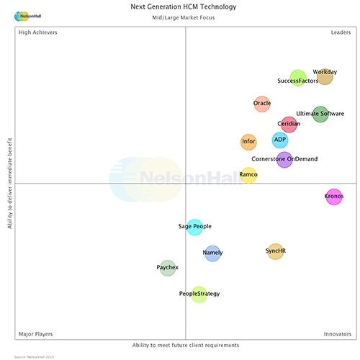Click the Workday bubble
[325, 76]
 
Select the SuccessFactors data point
[298, 78]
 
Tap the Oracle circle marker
[262, 104]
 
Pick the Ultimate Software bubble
[320, 114]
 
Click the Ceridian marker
[289, 124]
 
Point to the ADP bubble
[280, 140]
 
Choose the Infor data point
[248, 142]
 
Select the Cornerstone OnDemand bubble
[284, 159]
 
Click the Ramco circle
[248, 175]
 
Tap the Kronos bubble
[334, 196]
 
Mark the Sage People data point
[194, 227]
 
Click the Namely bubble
[212, 253]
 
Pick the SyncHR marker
[275, 251]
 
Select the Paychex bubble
[167, 268]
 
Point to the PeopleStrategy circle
[199, 294]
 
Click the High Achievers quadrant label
[38, 32]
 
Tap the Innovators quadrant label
[336, 334]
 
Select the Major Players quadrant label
[35, 334]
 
